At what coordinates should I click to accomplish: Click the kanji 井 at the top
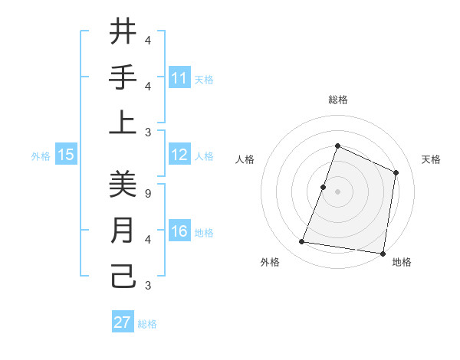point(123,33)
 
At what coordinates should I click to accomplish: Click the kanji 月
point(123,231)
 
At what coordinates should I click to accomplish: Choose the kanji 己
point(123,276)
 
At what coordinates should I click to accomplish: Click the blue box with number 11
point(179,78)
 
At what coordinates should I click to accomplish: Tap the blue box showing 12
point(179,155)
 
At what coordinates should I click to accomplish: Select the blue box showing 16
point(179,231)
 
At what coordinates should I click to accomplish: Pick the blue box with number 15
point(65,155)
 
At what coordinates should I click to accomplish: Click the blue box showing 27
point(123,322)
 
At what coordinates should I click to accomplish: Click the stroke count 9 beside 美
point(147,194)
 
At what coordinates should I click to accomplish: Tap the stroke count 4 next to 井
point(148,40)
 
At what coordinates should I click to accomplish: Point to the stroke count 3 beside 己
point(147,286)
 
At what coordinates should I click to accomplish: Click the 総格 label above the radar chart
point(337,100)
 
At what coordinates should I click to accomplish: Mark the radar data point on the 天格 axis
point(396,172)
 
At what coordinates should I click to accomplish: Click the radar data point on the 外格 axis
point(302,242)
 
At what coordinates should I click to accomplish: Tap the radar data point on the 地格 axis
point(383,254)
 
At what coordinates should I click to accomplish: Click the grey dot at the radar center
point(337,191)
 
